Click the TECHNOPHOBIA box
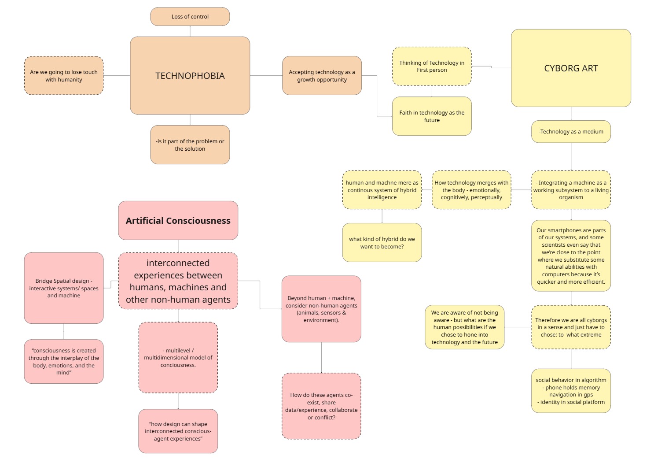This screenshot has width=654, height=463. pos(190,76)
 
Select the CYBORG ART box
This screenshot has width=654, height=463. pos(571,68)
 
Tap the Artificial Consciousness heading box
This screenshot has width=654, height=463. pos(178,221)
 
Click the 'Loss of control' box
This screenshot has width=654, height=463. pos(190,17)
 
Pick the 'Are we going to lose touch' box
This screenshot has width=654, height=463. pos(64,76)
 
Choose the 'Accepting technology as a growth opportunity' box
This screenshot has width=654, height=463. pos(322,76)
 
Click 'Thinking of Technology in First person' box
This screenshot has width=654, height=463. pos(431,67)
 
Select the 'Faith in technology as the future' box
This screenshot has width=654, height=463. pos(431,116)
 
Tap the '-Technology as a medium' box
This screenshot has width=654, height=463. pos(571,132)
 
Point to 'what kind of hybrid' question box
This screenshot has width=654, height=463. pos(382,243)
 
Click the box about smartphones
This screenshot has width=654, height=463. pos(571,256)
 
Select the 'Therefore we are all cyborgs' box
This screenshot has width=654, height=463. pos(571,327)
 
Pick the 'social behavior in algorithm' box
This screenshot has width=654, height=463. pos(571,391)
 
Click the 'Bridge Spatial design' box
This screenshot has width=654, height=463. pos(64,288)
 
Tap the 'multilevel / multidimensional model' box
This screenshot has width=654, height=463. pos(178,358)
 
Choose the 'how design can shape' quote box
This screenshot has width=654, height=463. pos(178,431)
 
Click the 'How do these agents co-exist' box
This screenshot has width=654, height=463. pos(321,406)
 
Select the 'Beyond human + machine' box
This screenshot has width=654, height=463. pos(321,309)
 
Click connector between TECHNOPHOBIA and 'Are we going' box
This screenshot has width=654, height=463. pos(117,76)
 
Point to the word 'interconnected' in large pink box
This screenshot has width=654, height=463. pos(178,263)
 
